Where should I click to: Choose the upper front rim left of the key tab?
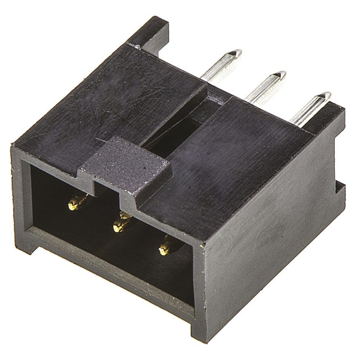(x=49, y=157)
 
